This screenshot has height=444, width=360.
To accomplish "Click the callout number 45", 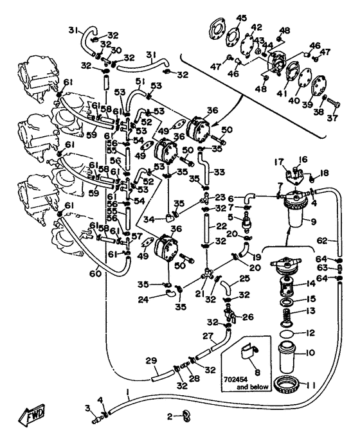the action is click(242, 19).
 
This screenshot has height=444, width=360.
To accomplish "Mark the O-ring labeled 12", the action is click(287, 334).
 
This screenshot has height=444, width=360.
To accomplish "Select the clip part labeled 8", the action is click(248, 353).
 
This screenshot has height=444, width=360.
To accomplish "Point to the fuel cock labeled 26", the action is click(230, 314).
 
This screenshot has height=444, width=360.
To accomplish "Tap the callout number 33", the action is click(219, 172).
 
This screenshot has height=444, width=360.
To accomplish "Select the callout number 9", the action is click(313, 222).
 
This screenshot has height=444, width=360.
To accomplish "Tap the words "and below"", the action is click(253, 387).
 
